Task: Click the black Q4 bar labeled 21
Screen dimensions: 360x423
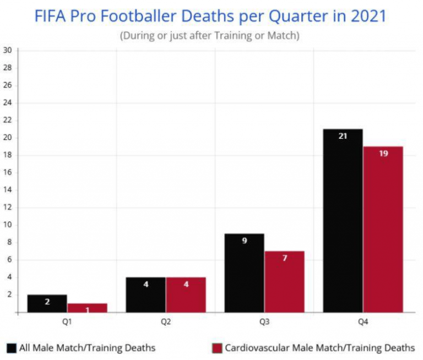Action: (x=343, y=220)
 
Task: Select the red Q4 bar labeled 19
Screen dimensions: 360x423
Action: (x=383, y=229)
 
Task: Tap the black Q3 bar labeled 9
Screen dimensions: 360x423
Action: (x=244, y=272)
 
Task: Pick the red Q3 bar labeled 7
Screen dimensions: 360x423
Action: (x=284, y=281)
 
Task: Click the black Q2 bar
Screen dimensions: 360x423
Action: (x=145, y=294)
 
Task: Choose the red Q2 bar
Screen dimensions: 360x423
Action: (x=186, y=294)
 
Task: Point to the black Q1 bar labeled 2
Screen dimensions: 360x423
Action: (x=47, y=303)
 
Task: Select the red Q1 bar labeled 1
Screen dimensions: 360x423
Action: (x=87, y=308)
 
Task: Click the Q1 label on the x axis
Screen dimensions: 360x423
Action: (x=67, y=322)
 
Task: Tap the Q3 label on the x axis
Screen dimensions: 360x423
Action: (x=264, y=322)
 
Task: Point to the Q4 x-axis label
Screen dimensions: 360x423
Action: (x=363, y=322)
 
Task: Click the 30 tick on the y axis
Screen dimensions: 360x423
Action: (x=8, y=50)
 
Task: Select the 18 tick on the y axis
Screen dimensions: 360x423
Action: (x=8, y=155)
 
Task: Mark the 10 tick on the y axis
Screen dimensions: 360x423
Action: (x=8, y=225)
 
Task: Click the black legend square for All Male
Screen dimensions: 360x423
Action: (x=12, y=348)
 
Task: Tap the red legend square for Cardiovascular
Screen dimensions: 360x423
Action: (x=216, y=348)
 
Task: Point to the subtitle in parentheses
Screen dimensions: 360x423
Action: (x=210, y=36)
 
